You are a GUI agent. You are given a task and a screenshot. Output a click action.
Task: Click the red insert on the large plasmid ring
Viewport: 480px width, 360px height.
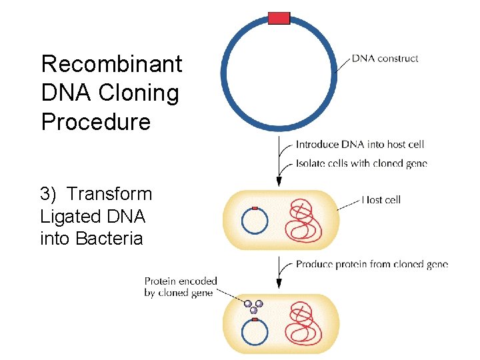[279, 18]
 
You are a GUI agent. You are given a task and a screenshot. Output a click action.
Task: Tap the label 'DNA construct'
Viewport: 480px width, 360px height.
[385, 59]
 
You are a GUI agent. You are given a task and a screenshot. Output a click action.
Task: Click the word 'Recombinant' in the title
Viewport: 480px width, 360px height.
[111, 65]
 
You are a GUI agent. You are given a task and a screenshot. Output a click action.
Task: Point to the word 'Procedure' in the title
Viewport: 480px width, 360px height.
[95, 122]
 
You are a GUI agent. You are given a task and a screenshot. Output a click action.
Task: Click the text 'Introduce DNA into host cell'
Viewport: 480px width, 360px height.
[359, 144]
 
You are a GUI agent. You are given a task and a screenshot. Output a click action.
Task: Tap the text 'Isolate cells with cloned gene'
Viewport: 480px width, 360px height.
[361, 163]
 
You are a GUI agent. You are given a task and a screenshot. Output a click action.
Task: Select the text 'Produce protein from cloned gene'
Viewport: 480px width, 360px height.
[371, 264]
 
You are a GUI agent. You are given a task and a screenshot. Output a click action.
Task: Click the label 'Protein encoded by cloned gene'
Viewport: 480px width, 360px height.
[181, 287]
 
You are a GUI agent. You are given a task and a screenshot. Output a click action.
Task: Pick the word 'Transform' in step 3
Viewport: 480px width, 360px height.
[110, 194]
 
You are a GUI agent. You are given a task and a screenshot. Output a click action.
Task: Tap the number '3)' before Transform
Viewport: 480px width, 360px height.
[49, 194]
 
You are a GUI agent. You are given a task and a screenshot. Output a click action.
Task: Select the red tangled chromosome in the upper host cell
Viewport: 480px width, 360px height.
[304, 221]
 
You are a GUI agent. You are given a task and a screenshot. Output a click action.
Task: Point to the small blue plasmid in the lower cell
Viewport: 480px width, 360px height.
[255, 332]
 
